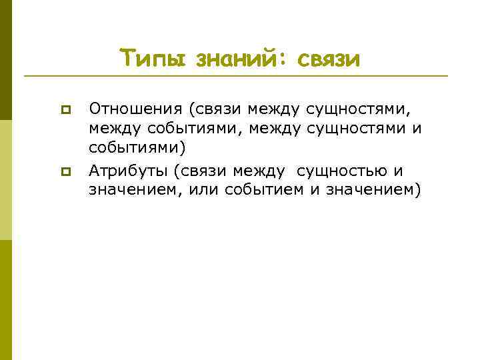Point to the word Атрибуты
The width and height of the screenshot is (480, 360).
(x=127, y=171)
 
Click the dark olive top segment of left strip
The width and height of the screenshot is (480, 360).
(x=6, y=60)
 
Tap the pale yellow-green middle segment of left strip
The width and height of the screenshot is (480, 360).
(x=6, y=180)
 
